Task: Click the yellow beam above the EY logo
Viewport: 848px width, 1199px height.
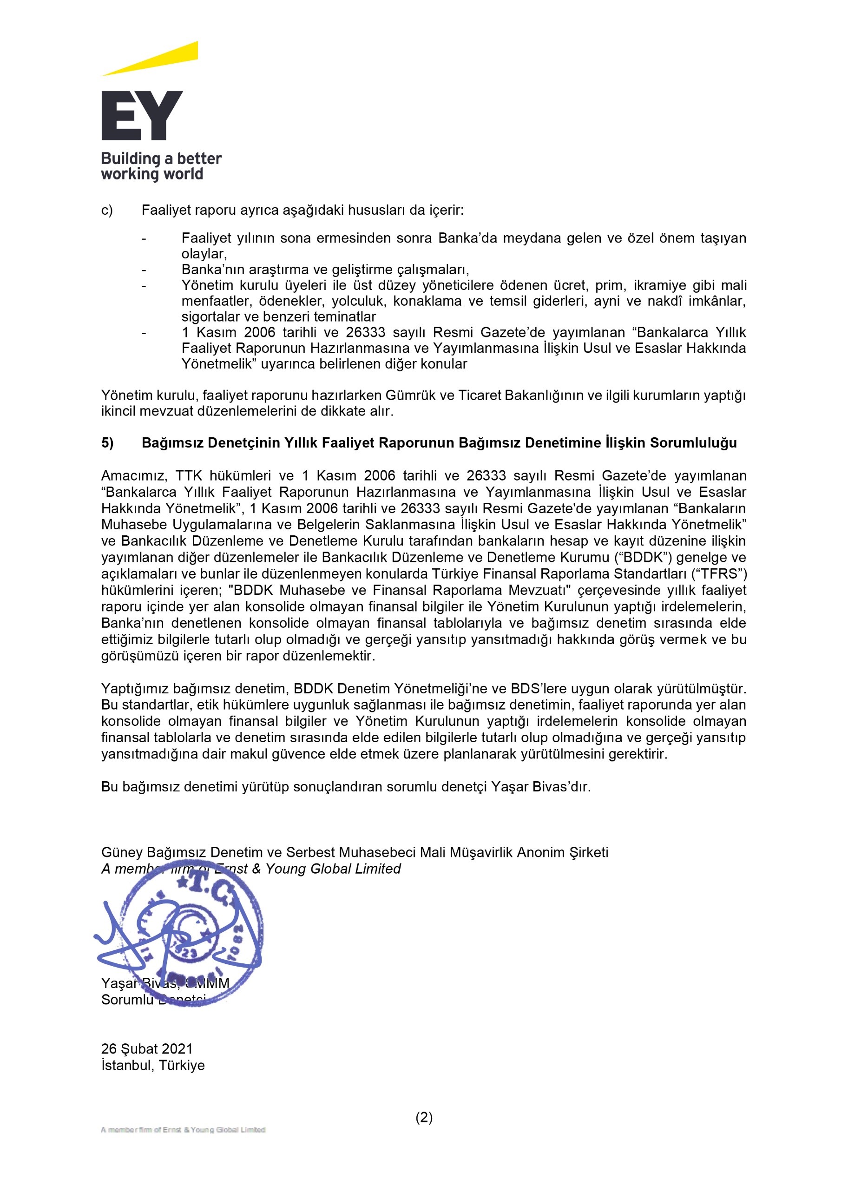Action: pyautogui.click(x=157, y=59)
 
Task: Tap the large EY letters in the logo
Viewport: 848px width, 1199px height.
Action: pyautogui.click(x=142, y=115)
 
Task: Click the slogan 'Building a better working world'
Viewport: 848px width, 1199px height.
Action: pyautogui.click(x=161, y=166)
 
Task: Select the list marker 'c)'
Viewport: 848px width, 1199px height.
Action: pyautogui.click(x=107, y=211)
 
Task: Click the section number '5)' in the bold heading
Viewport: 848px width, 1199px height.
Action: pyautogui.click(x=107, y=443)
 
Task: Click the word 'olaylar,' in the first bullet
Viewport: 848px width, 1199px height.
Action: pyautogui.click(x=204, y=254)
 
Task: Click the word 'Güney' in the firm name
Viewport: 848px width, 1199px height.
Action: pyautogui.click(x=122, y=852)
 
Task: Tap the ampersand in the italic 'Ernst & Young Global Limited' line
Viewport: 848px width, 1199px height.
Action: pyautogui.click(x=256, y=869)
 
